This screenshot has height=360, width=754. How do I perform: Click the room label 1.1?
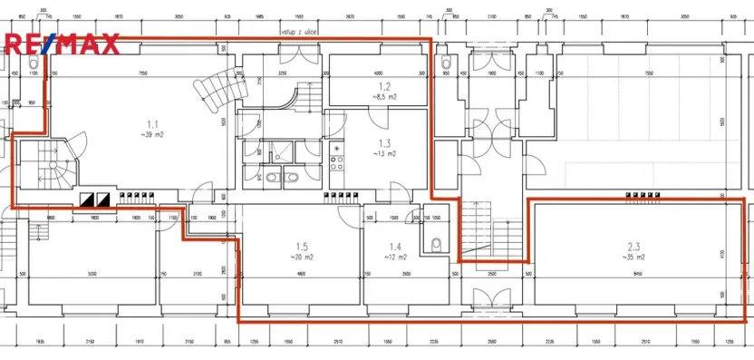pyautogui.click(x=152, y=123)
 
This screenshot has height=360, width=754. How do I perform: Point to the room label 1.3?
pyautogui.click(x=384, y=143)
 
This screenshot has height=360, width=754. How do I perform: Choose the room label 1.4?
pyautogui.click(x=394, y=247)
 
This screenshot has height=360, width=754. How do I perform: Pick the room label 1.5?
pyautogui.click(x=301, y=247)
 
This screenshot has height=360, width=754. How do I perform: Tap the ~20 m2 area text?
pyautogui.click(x=301, y=257)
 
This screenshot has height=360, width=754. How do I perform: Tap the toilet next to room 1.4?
pyautogui.click(x=436, y=243)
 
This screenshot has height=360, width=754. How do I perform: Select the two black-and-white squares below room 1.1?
pyautogui.click(x=95, y=197)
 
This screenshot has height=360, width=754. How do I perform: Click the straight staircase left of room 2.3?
pyautogui.click(x=480, y=231)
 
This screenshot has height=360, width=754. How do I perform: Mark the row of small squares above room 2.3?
pyautogui.click(x=643, y=194)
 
